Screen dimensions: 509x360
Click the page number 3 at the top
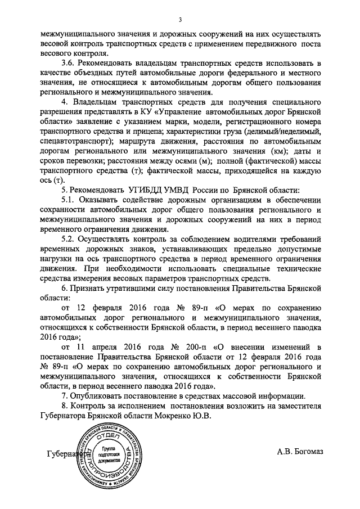(x=180, y=21)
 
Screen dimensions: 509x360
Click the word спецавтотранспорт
(x=78, y=139)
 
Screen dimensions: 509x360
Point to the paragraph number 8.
(x=64, y=406)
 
